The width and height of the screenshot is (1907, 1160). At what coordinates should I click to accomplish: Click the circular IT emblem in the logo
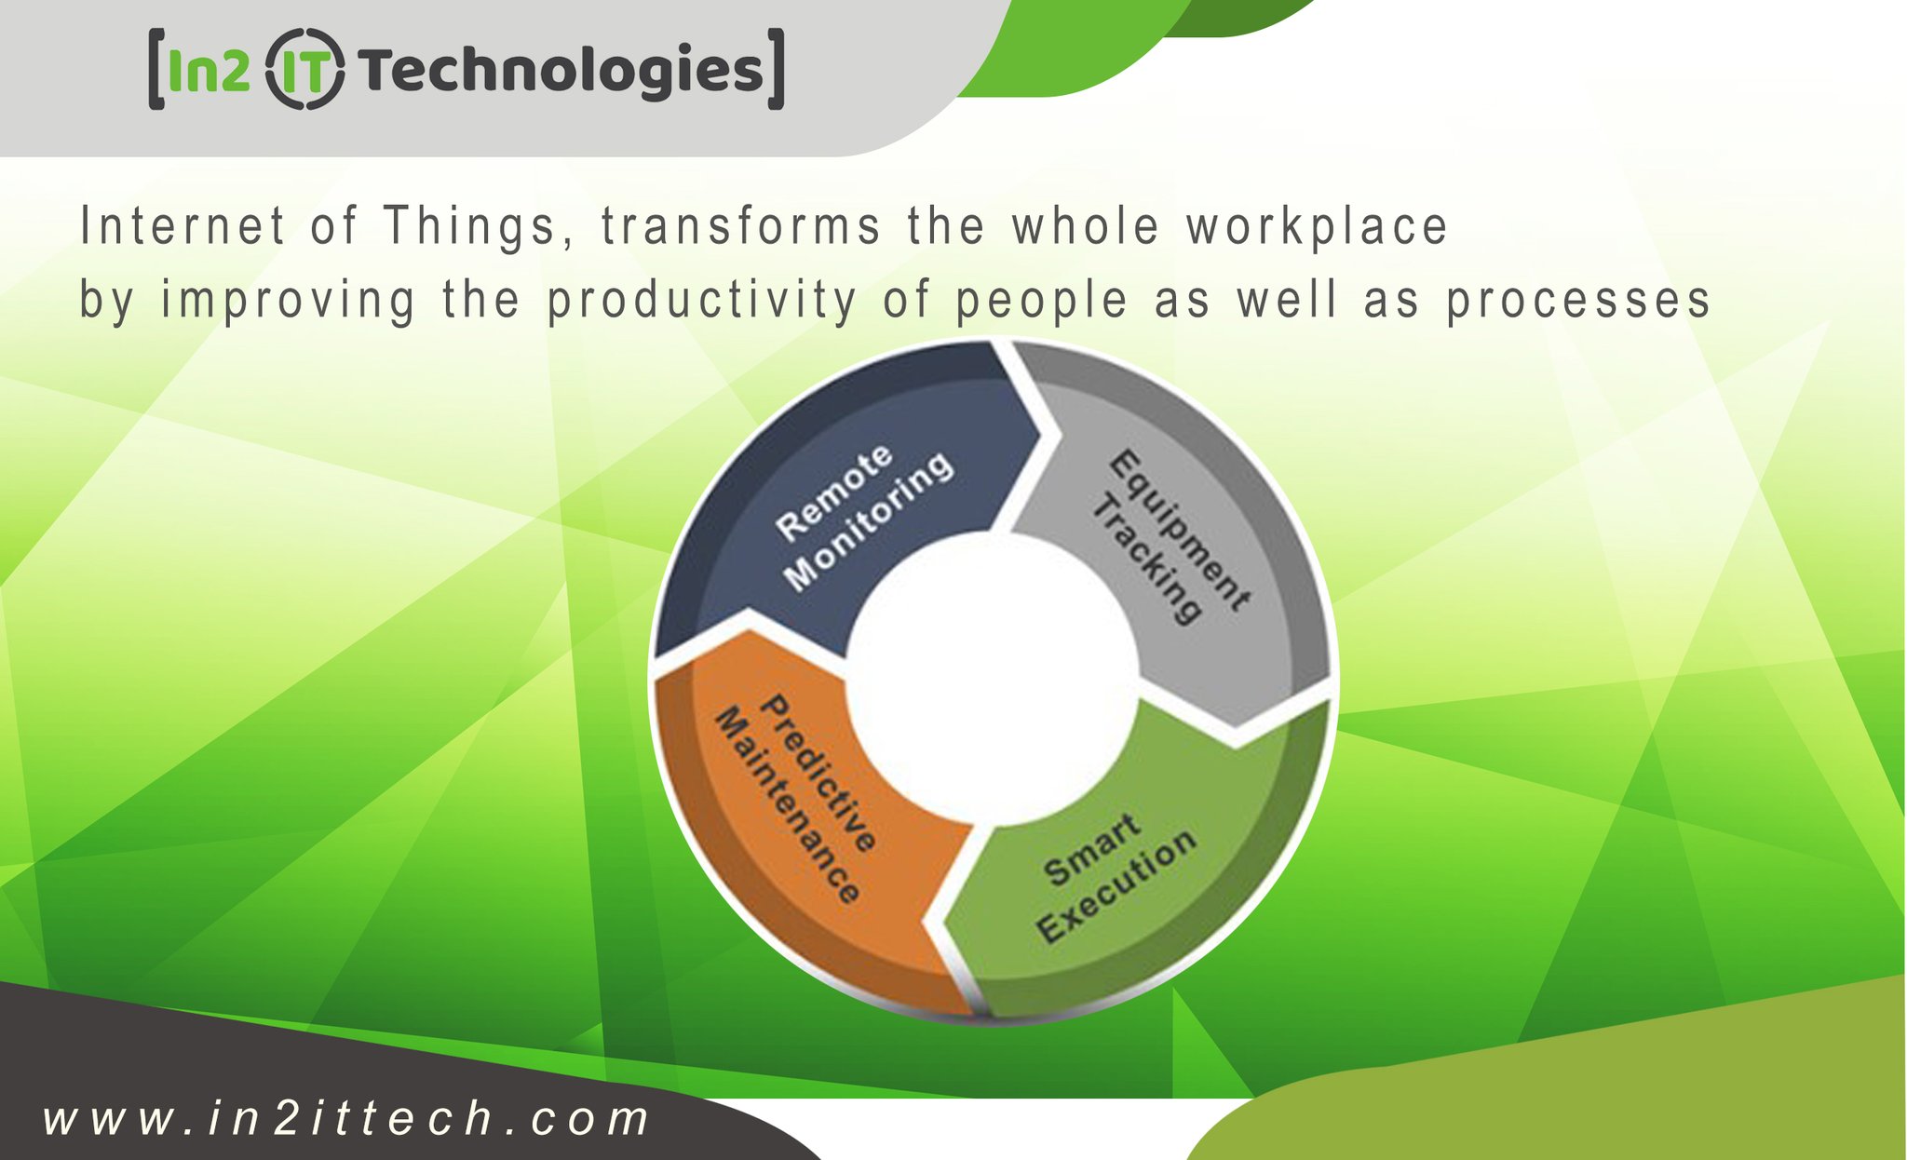(305, 70)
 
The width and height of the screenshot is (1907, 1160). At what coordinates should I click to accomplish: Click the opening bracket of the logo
(156, 70)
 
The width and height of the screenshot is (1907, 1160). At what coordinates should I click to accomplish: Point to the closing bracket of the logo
(776, 70)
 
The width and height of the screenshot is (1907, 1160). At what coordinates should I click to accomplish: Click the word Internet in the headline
(183, 226)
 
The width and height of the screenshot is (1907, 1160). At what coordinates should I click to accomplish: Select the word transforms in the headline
(741, 226)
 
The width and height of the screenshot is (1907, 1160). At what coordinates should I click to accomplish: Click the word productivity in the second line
(701, 301)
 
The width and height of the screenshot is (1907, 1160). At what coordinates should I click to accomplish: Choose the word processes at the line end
(1578, 301)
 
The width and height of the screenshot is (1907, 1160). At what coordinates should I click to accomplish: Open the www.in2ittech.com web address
(346, 1118)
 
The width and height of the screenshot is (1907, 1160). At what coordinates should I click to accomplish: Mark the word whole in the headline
(1087, 226)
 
